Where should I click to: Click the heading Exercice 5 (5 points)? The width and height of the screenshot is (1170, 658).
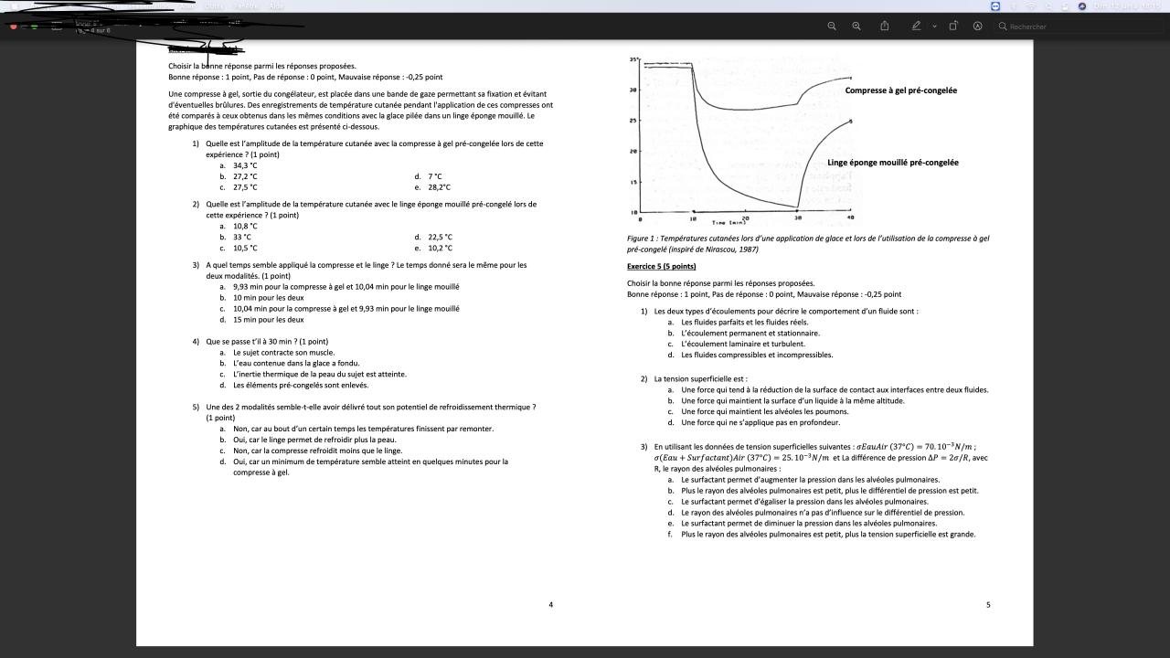coord(661,266)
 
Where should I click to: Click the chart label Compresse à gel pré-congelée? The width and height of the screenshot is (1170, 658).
coord(900,90)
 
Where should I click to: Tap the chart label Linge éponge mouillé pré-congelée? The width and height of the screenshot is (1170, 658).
coord(892,163)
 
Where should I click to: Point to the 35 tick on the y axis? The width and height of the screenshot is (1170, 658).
coord(633,59)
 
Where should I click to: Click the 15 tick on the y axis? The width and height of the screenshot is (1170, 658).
coord(633,182)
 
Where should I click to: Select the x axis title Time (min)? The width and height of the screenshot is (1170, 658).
coord(729,222)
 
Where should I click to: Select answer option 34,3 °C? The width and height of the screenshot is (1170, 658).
coord(245,165)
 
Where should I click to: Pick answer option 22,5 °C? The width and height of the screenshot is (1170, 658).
coord(440,237)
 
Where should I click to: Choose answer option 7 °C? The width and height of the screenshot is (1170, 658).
coord(434,176)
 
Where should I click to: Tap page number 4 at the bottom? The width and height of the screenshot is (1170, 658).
coord(550,604)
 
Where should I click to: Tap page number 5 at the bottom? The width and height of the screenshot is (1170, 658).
coord(988,604)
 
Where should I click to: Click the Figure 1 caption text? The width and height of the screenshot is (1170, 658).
coord(807,243)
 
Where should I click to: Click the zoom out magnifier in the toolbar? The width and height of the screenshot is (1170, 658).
coord(832,27)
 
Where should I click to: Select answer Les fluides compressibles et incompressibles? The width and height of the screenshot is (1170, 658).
coord(757,356)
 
